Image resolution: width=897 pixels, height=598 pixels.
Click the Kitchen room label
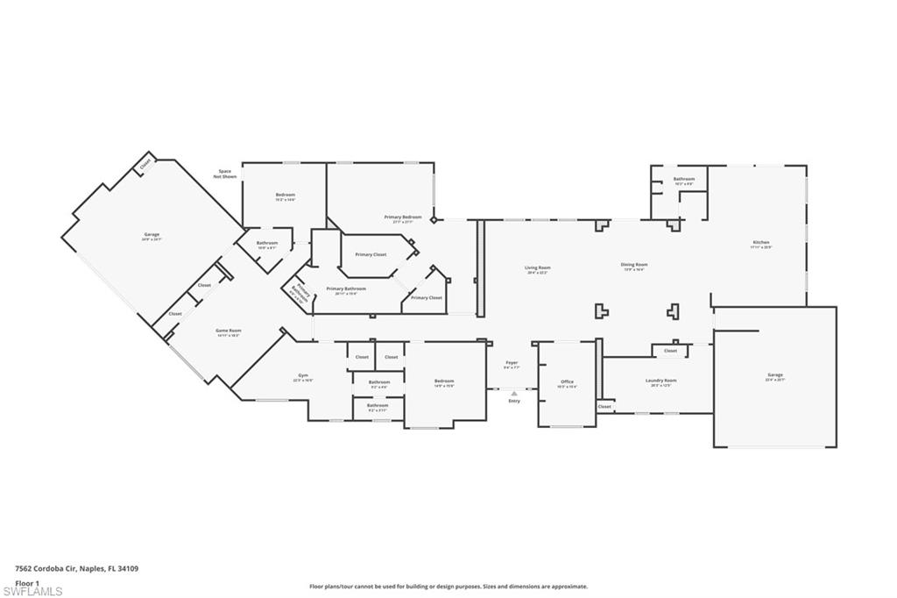click(x=760, y=243)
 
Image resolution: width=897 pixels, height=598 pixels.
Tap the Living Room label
click(x=538, y=267)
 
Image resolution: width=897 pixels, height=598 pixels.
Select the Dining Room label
click(x=634, y=265)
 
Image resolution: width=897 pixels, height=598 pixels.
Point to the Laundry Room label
click(x=660, y=381)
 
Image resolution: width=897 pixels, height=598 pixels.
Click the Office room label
click(x=567, y=381)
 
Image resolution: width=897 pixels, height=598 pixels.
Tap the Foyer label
click(x=512, y=363)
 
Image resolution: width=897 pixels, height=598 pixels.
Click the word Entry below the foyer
click(x=514, y=401)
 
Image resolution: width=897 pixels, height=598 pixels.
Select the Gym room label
click(x=302, y=376)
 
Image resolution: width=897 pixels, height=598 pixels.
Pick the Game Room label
click(x=228, y=331)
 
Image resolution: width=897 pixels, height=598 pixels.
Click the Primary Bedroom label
click(x=403, y=217)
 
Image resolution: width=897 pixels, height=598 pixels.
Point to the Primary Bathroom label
click(x=346, y=288)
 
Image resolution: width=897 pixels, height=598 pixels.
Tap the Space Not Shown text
click(x=225, y=174)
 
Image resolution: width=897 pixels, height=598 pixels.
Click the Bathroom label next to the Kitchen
click(x=683, y=180)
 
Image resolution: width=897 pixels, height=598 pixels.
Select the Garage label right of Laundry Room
click(x=775, y=375)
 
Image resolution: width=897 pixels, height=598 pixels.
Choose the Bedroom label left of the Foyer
click(x=444, y=381)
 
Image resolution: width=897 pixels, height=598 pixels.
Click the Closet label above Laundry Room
click(x=670, y=351)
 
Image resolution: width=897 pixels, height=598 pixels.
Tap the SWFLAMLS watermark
click(x=32, y=592)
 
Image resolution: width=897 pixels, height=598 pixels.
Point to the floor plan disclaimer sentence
click(x=448, y=587)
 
